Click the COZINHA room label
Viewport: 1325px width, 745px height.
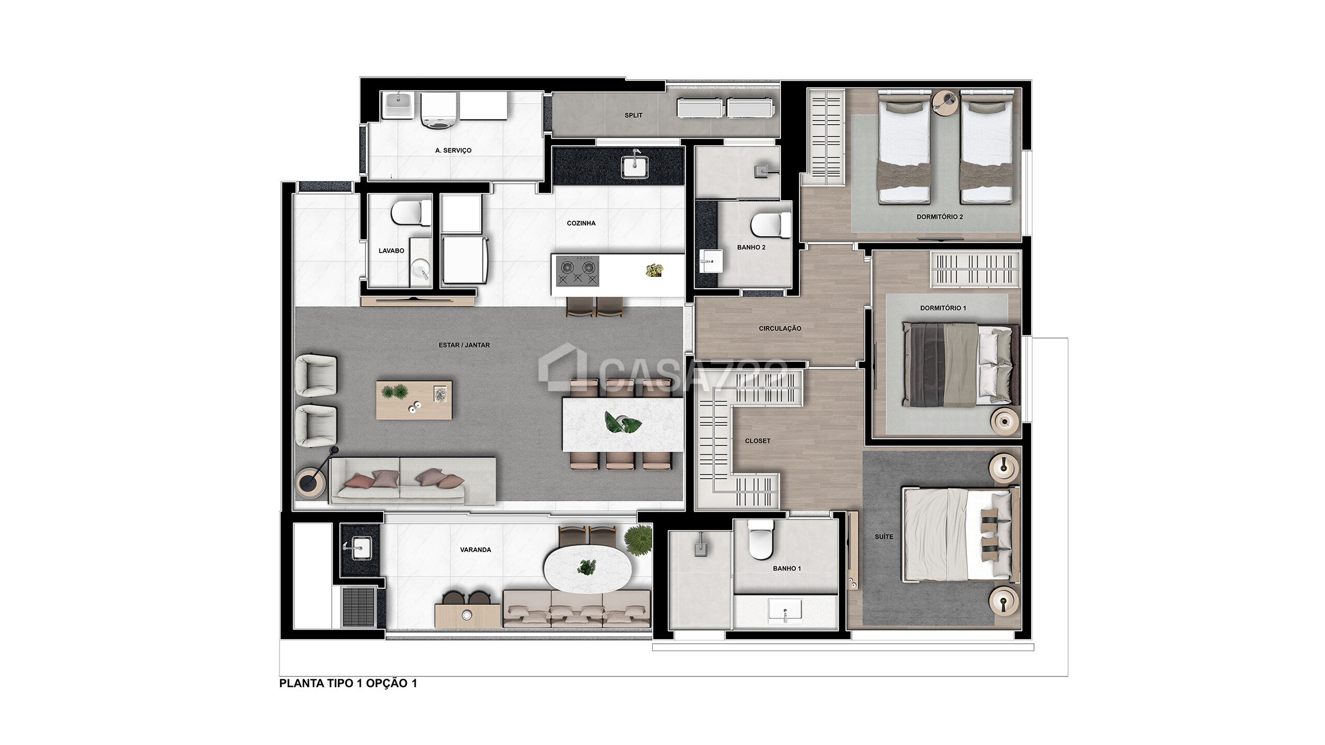[x=581, y=223]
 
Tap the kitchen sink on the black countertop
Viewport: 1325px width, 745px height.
[x=634, y=165]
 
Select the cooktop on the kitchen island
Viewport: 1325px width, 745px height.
[x=578, y=271]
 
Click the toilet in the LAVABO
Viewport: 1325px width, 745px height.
[x=410, y=213]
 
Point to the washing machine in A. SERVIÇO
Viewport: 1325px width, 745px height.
[x=438, y=110]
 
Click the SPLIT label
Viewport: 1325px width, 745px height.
[x=633, y=115]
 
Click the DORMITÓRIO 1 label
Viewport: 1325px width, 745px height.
[x=943, y=308]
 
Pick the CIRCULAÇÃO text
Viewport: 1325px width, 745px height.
[x=779, y=329]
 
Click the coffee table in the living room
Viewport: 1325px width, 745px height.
[x=414, y=400]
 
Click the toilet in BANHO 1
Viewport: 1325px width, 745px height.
[x=760, y=540]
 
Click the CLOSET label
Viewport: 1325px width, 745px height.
[x=757, y=441]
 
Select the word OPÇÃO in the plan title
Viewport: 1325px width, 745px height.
[x=387, y=683]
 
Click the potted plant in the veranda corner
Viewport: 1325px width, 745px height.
[x=638, y=540]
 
